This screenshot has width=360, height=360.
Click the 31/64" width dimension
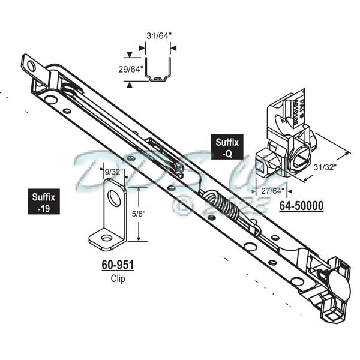point(159,35)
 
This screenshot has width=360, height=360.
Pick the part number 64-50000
point(301,206)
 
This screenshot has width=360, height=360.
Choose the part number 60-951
point(116,264)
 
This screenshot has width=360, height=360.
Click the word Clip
point(117,278)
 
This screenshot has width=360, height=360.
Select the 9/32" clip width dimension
point(114,172)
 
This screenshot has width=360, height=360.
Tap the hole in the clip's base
point(106,238)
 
